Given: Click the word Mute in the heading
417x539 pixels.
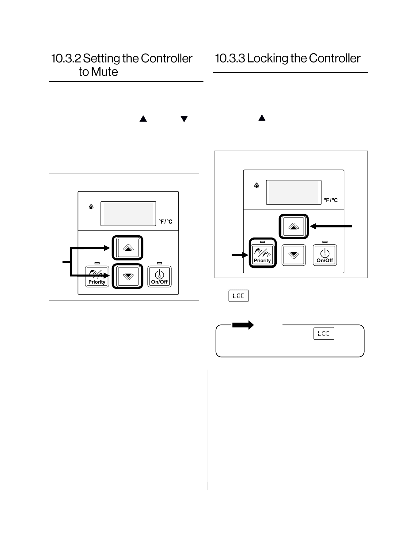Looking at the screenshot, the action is [x=104, y=72].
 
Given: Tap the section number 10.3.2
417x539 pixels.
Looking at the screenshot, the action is [x=66, y=58].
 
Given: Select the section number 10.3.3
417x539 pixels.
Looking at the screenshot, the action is [x=230, y=58].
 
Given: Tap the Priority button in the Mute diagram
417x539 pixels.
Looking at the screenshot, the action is [x=97, y=277].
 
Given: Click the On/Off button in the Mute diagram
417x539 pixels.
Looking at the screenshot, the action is [x=159, y=277].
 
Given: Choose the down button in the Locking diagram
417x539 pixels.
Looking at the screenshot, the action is [x=294, y=255].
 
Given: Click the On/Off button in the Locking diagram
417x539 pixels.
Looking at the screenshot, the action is [x=325, y=255].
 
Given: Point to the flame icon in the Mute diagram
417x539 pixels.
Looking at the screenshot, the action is [x=91, y=207].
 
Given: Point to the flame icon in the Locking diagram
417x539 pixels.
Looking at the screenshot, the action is [x=257, y=185].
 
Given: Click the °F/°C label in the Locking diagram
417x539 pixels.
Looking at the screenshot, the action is [x=331, y=200].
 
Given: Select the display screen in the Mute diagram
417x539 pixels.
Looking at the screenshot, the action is [x=128, y=214].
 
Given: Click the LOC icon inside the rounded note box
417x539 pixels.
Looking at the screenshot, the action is [x=324, y=333].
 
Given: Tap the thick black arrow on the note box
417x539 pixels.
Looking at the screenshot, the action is [x=243, y=325].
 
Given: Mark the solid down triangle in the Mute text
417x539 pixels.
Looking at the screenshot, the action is [x=184, y=119].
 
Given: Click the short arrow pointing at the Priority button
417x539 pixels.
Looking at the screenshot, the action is [x=240, y=255].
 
